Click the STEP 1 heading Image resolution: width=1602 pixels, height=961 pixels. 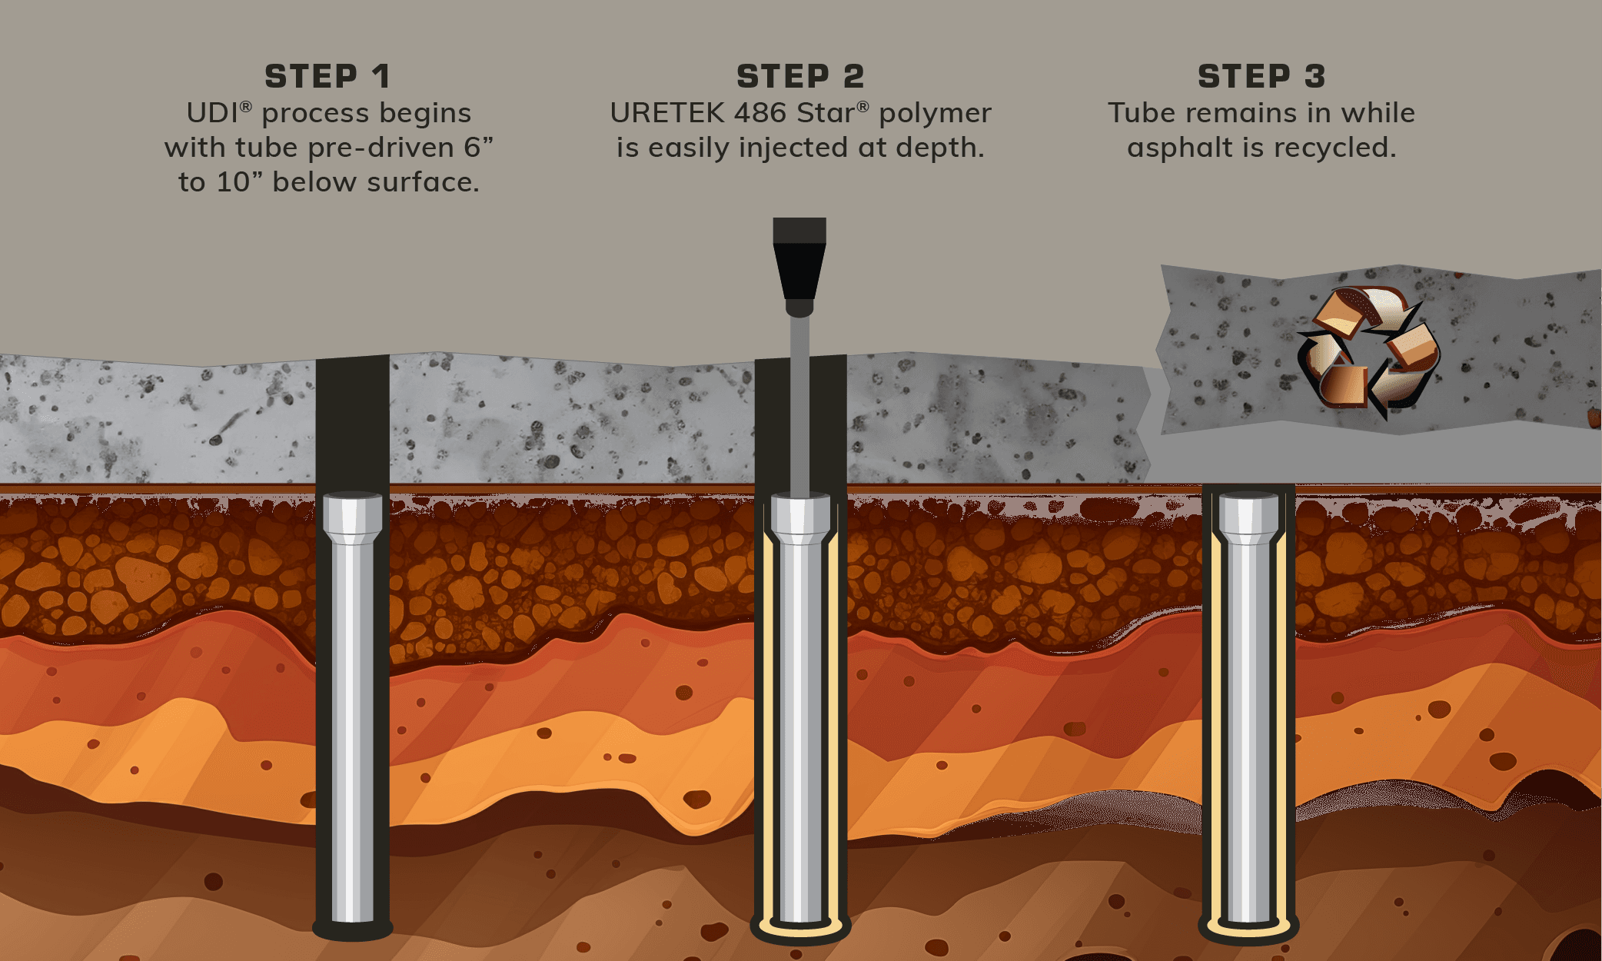pyautogui.click(x=327, y=76)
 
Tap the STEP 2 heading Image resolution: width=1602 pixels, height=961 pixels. pyautogui.click(x=800, y=76)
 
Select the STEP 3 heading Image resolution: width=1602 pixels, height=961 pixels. pyautogui.click(x=1261, y=76)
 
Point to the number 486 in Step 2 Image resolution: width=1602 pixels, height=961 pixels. pyautogui.click(x=761, y=113)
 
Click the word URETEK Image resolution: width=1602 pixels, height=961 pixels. pyautogui.click(x=666, y=113)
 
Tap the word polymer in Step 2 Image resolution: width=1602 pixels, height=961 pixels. pyautogui.click(x=935, y=115)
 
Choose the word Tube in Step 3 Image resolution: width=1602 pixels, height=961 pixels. pyautogui.click(x=1142, y=113)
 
